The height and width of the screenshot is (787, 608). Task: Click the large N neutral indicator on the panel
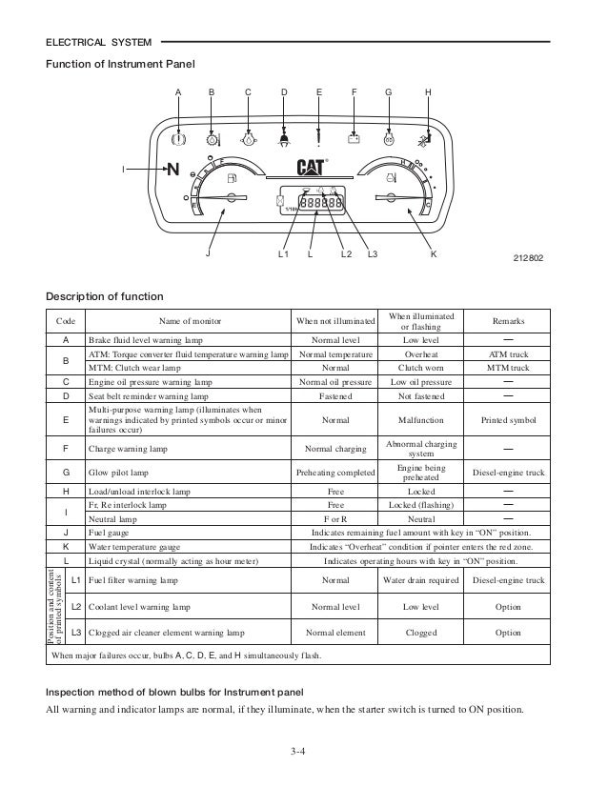pyautogui.click(x=172, y=172)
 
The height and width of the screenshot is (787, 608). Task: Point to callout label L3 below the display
pyautogui.click(x=373, y=255)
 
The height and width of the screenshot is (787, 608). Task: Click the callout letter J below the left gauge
pyautogui.click(x=211, y=255)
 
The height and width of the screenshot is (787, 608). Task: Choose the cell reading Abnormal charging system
pyautogui.click(x=422, y=450)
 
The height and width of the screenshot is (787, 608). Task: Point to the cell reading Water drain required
pyautogui.click(x=422, y=579)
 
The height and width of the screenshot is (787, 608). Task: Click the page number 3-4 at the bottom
pyautogui.click(x=303, y=757)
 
